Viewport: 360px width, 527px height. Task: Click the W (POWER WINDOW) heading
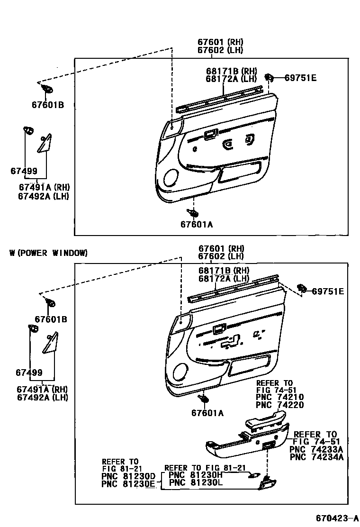tap(48, 253)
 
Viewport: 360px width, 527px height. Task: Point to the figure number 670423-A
tap(333, 517)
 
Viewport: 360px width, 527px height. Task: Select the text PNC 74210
tap(279, 398)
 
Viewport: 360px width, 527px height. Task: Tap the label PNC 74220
tap(279, 405)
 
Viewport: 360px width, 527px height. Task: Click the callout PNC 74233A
tap(316, 450)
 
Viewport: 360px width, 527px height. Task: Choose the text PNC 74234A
tap(316, 457)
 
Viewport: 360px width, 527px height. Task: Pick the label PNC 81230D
tap(128, 476)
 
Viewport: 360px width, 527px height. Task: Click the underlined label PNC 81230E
tap(128, 484)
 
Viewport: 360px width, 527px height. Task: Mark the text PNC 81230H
tap(196, 475)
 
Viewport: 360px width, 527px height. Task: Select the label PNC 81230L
tap(196, 483)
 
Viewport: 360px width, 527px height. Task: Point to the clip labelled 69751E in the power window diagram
tap(301, 288)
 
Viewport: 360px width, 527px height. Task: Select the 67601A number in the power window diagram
tap(207, 413)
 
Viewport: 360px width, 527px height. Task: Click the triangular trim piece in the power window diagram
tap(49, 344)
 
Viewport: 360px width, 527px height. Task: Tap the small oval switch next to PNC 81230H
tap(254, 475)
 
